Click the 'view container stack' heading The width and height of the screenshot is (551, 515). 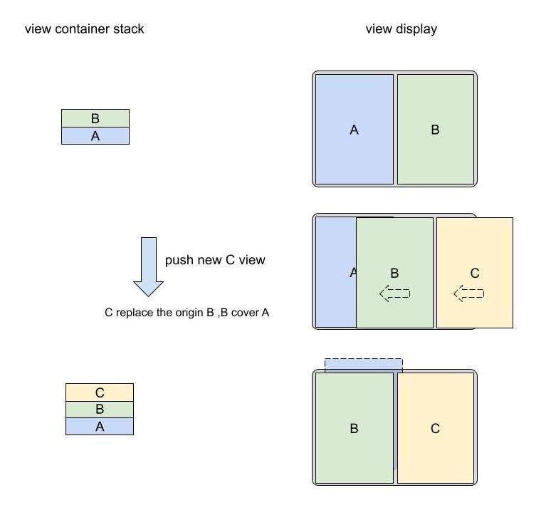(x=84, y=28)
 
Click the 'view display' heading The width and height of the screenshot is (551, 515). (x=402, y=29)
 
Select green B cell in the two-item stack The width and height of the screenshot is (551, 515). (x=95, y=118)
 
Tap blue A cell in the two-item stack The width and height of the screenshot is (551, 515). (x=95, y=135)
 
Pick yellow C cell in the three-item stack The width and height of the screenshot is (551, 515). (x=100, y=392)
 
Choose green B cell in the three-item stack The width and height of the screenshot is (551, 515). (x=100, y=409)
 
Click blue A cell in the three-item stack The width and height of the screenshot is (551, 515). (x=100, y=427)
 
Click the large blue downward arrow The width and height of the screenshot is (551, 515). (x=148, y=267)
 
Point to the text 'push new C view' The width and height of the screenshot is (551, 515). (x=215, y=260)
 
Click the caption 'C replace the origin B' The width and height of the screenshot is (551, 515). (x=159, y=313)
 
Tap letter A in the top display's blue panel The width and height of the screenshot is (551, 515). (x=355, y=130)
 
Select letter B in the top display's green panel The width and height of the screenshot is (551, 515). (x=435, y=130)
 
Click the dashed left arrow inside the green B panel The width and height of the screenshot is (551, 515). (x=394, y=293)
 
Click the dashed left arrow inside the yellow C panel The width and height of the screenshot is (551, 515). (x=468, y=293)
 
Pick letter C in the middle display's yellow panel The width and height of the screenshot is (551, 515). (x=475, y=273)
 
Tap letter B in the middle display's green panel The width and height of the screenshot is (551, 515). (x=394, y=273)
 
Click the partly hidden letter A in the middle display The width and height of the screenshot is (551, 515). (x=353, y=272)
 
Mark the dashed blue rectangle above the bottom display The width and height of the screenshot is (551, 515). (x=364, y=364)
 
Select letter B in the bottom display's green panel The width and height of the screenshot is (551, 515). (x=355, y=429)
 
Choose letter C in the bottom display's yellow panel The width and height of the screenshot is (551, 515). (x=435, y=429)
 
